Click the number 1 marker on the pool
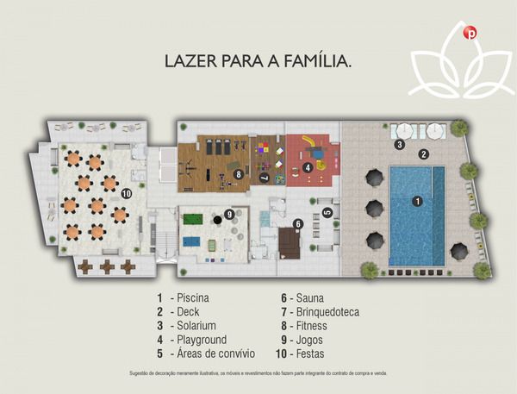point(417,202)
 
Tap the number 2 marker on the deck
point(423,154)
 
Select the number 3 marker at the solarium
point(399,145)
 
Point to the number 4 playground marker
point(308,166)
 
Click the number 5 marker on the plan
point(327,212)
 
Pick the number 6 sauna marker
point(297,224)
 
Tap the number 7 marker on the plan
point(264,178)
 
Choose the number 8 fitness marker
point(238,173)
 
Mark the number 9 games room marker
point(228,214)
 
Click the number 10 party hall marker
point(127,193)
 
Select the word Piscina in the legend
point(195,298)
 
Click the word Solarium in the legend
point(199,326)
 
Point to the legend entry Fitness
point(307,326)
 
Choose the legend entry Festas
point(307,353)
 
